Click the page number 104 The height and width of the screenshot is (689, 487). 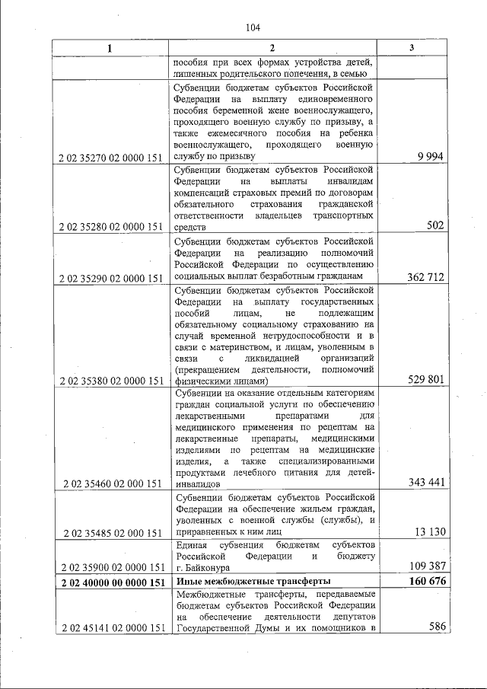(x=253, y=28)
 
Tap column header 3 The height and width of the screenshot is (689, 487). (x=411, y=48)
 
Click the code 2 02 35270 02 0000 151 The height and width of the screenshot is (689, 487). (x=111, y=158)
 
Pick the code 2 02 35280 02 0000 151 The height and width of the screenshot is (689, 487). (x=111, y=227)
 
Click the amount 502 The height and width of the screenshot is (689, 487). (x=434, y=226)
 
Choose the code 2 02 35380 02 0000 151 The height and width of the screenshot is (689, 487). (x=111, y=380)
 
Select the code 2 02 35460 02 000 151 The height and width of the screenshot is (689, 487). (x=111, y=483)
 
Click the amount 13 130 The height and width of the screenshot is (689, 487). (x=428, y=531)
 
